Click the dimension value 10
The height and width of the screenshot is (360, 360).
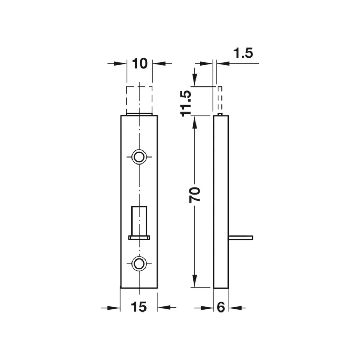click(x=140, y=64)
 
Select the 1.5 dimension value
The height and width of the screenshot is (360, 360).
click(x=243, y=53)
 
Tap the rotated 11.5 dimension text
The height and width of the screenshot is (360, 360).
click(x=186, y=104)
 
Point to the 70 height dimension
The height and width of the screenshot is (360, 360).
click(x=195, y=195)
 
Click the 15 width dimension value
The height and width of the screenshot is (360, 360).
click(x=139, y=307)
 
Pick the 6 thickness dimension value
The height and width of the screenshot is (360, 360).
click(x=221, y=307)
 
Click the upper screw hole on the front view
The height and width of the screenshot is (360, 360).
click(x=139, y=157)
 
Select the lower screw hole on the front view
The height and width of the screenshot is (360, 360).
click(x=139, y=263)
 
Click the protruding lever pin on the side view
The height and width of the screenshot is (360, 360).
click(x=241, y=238)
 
